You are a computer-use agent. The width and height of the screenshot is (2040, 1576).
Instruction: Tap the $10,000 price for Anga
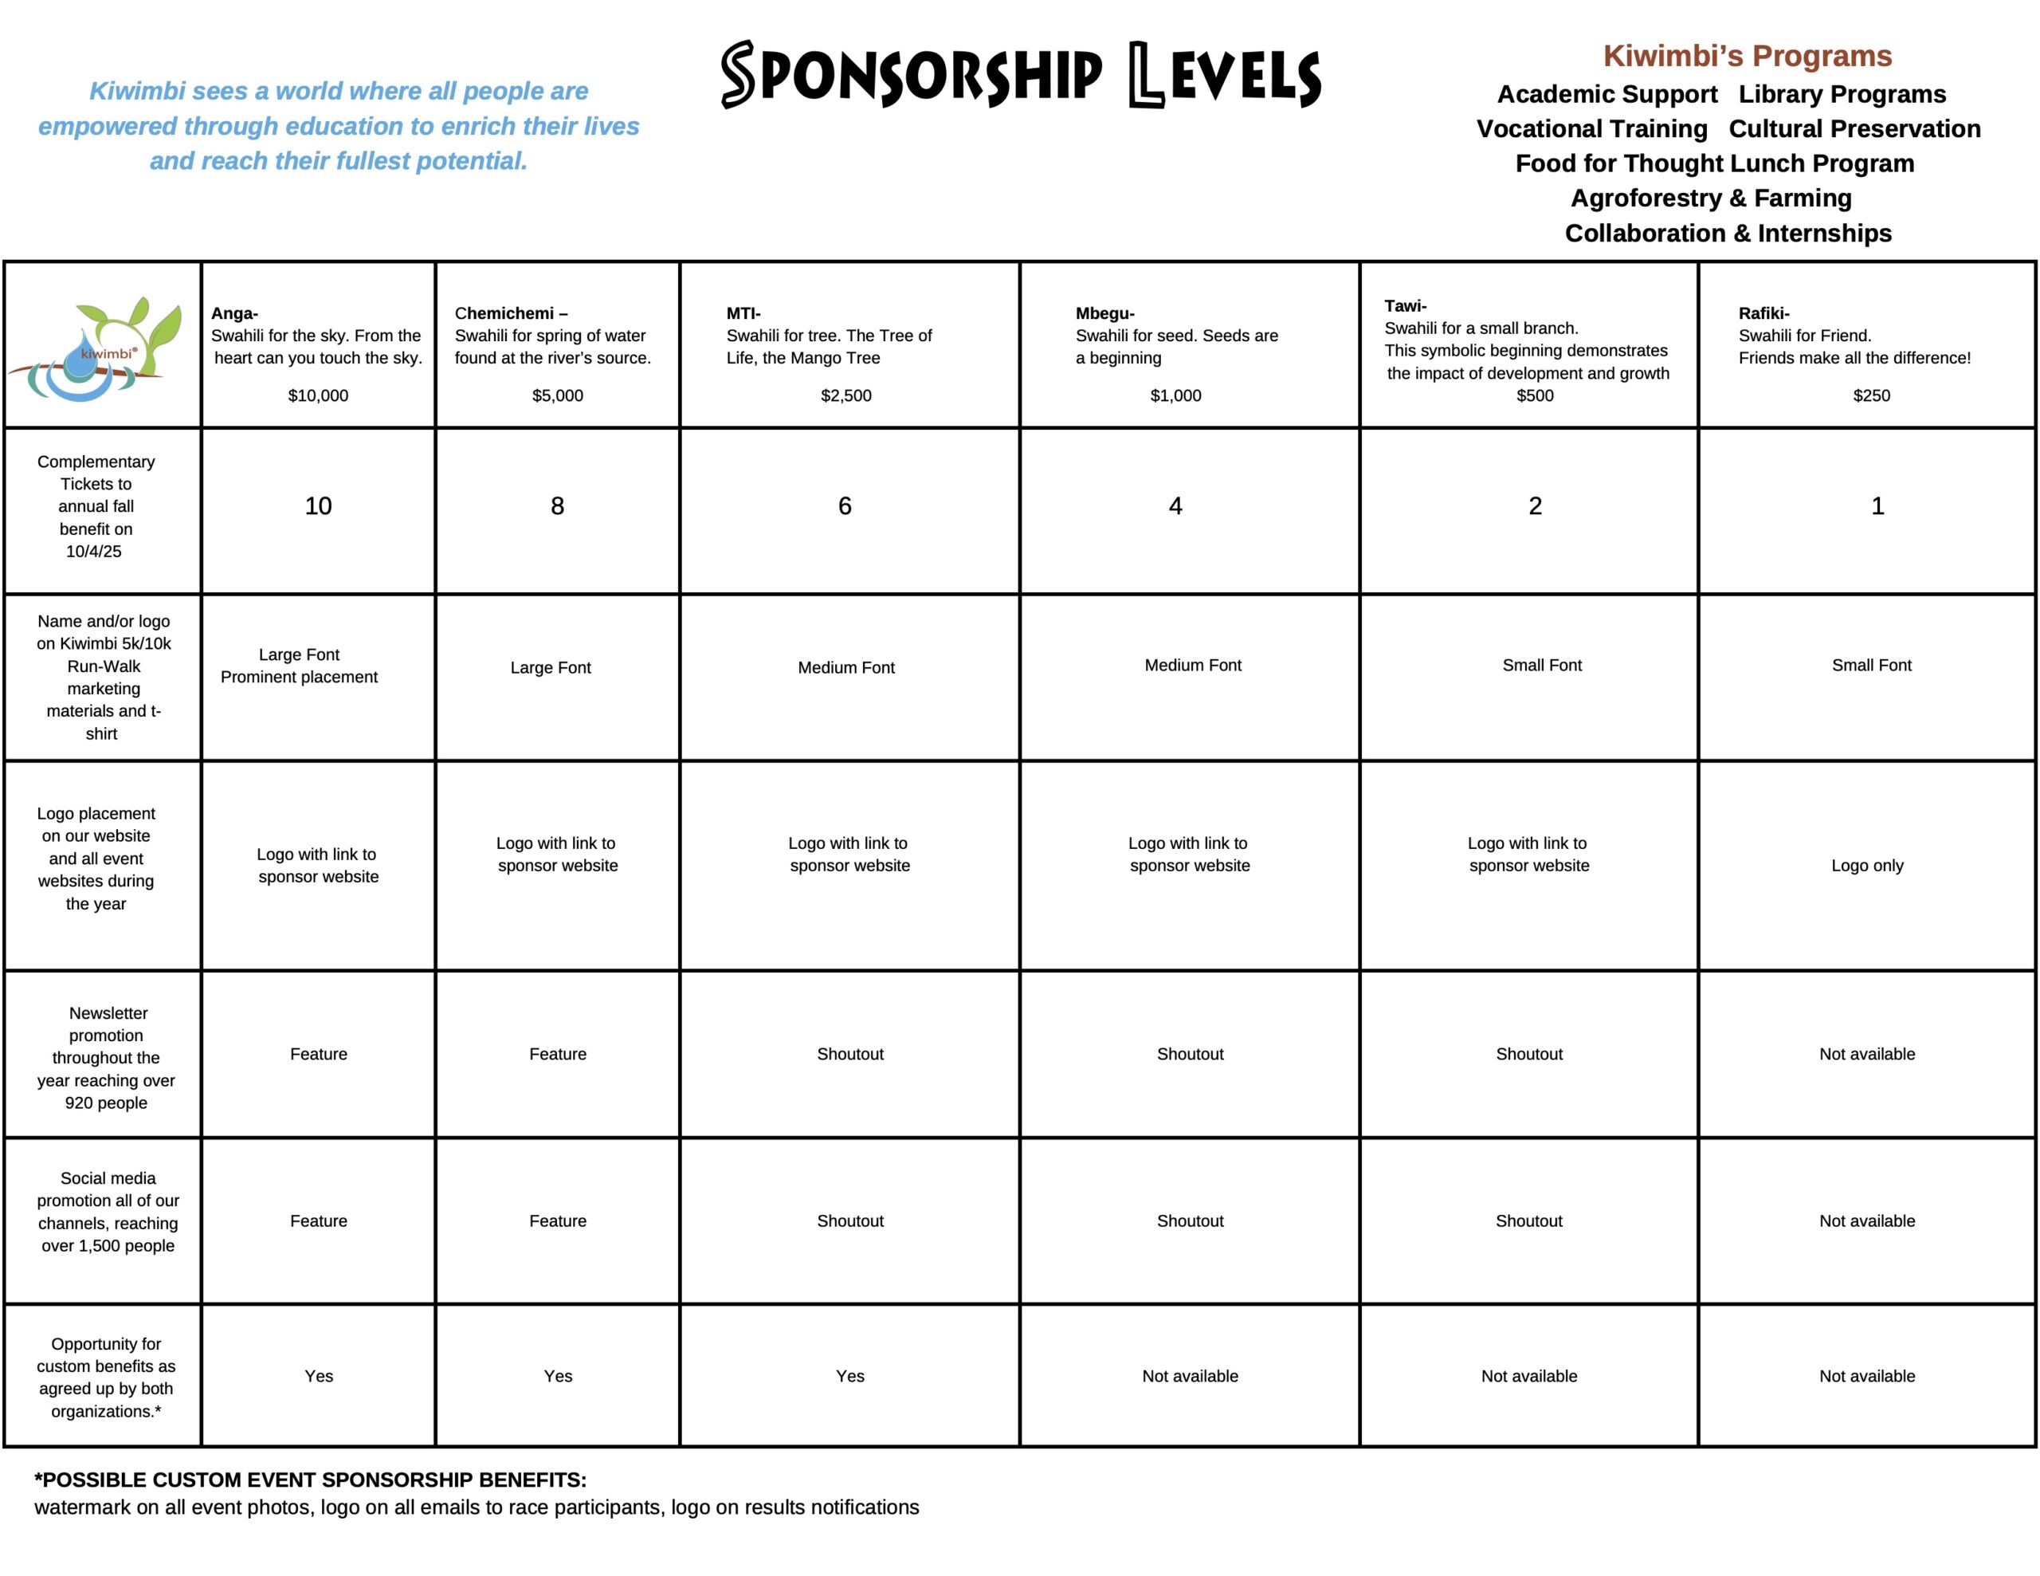[x=318, y=395]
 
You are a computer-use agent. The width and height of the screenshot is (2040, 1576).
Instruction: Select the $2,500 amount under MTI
[x=845, y=395]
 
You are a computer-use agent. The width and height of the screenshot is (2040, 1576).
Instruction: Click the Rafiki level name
[x=1763, y=313]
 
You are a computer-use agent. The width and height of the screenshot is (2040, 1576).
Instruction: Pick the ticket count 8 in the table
[x=557, y=505]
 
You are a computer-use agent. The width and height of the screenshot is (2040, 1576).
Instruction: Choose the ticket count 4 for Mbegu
[x=1175, y=505]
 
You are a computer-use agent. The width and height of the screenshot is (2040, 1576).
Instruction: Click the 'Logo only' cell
[x=1866, y=865]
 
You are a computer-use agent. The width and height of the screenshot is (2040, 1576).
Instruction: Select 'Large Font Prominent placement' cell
[x=299, y=665]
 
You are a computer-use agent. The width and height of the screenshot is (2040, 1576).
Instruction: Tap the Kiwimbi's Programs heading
[x=1747, y=56]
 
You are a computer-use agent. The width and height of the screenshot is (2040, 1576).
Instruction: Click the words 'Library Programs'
[x=1842, y=94]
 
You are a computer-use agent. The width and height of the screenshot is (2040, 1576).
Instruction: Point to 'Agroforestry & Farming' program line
[x=1710, y=198]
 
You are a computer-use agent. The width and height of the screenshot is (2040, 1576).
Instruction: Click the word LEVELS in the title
[x=1225, y=76]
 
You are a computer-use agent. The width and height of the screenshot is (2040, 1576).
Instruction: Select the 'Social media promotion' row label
[x=108, y=1212]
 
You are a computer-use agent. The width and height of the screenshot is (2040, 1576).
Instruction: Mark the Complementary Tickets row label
[x=96, y=505]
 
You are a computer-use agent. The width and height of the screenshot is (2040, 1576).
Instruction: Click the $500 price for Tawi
[x=1535, y=395]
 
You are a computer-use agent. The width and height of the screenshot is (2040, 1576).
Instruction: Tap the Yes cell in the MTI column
[x=850, y=1376]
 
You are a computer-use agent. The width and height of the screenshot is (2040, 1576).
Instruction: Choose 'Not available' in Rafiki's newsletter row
[x=1866, y=1054]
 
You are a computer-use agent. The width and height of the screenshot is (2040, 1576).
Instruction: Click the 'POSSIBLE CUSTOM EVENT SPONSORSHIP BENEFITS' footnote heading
[x=310, y=1480]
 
